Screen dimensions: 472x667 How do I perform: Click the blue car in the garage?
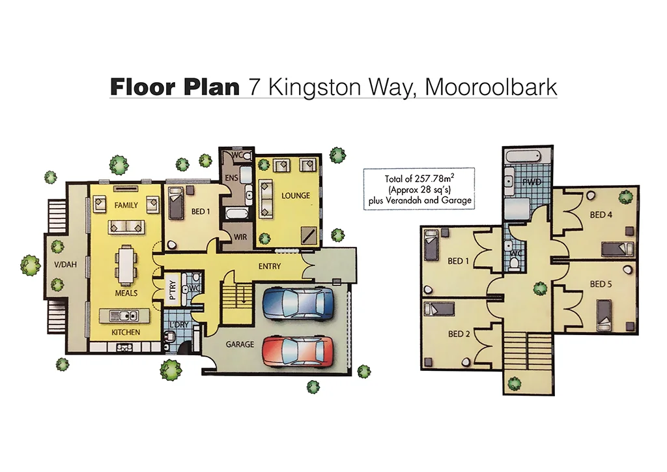[298, 303]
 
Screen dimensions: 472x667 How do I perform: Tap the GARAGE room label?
[240, 344]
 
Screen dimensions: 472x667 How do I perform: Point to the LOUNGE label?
[295, 196]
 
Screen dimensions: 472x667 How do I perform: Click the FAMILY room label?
[126, 205]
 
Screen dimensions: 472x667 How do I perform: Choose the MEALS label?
[126, 293]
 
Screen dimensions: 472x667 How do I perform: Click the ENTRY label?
[270, 267]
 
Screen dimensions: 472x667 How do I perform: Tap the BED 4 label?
[601, 214]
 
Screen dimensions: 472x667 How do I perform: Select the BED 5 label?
[601, 284]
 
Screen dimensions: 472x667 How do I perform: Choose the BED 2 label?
[459, 334]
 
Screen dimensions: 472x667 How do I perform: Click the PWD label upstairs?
[529, 184]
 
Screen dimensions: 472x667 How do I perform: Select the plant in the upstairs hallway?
[539, 288]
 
